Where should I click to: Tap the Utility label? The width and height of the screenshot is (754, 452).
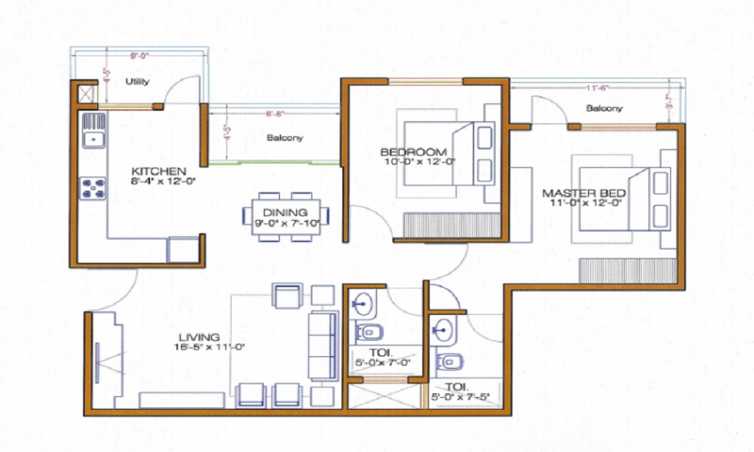(x=137, y=81)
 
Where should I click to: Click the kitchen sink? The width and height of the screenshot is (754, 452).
(x=93, y=137)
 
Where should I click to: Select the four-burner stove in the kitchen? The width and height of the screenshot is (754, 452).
(x=93, y=187)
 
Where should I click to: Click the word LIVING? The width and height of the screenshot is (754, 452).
(x=200, y=337)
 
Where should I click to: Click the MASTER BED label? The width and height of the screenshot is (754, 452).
(x=584, y=193)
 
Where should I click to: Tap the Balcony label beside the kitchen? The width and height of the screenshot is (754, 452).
(x=285, y=138)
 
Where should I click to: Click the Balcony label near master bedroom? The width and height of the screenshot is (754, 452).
(x=605, y=108)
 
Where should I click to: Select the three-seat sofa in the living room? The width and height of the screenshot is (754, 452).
(x=323, y=347)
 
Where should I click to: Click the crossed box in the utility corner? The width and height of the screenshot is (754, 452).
(x=84, y=94)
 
